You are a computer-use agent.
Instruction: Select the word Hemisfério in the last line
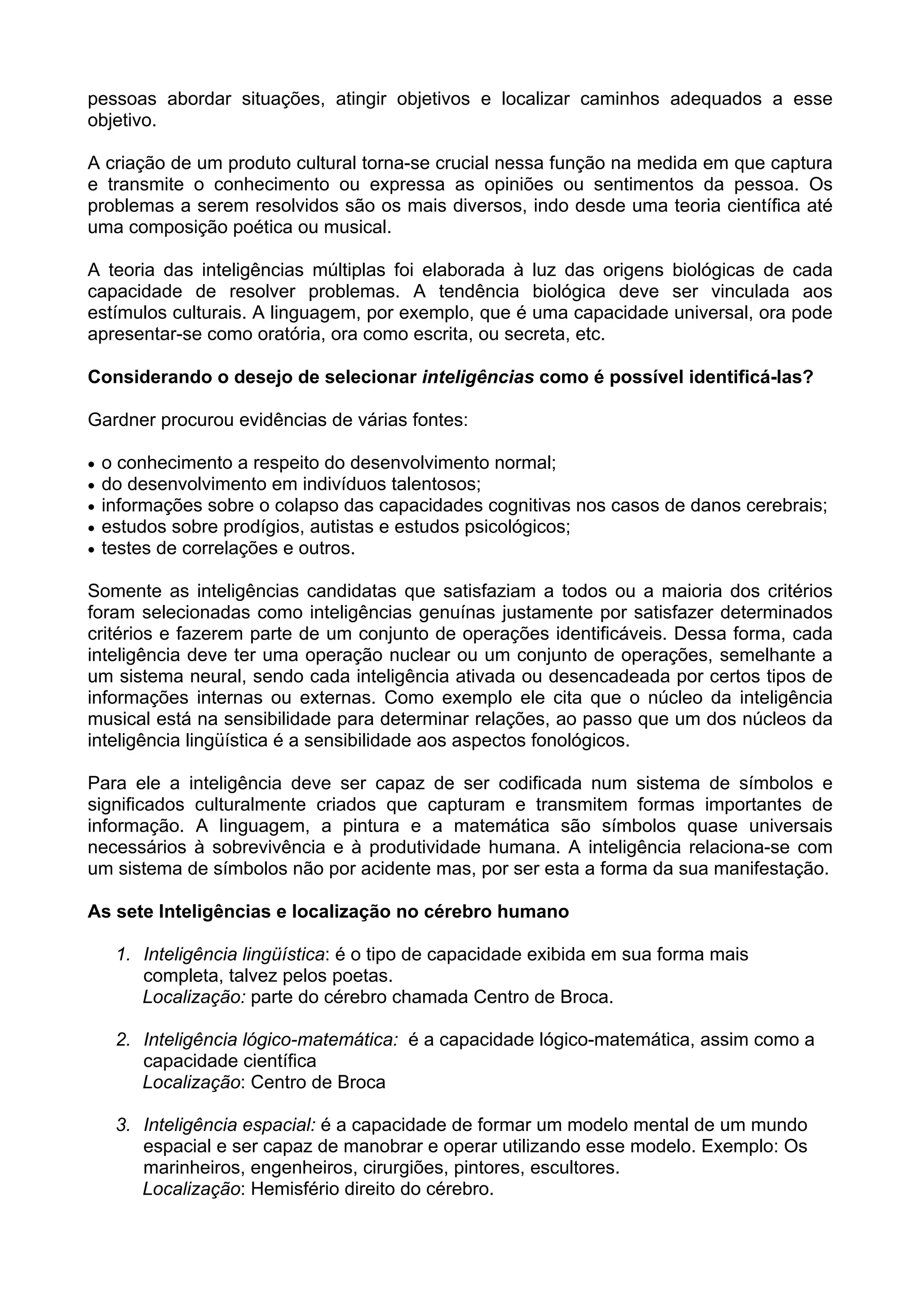295,1188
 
